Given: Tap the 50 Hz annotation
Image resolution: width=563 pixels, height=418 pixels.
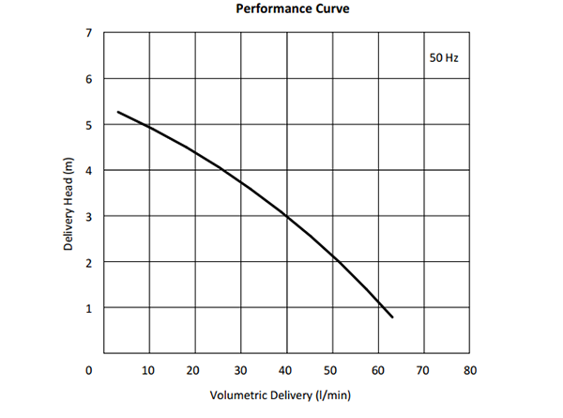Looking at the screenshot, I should click(x=443, y=57).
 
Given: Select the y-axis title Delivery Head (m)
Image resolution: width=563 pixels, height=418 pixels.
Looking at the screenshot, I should click(x=68, y=203).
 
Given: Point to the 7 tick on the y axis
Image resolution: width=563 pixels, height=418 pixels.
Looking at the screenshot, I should click(x=88, y=33).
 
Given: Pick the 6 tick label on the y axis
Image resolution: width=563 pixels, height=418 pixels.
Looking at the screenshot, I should click(x=88, y=79).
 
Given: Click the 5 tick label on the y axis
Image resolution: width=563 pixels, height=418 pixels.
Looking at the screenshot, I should click(x=88, y=125).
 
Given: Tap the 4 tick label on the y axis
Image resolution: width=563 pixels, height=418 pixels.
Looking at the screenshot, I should click(x=88, y=171).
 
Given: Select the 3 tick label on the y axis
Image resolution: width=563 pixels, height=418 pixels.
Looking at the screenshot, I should click(x=88, y=217).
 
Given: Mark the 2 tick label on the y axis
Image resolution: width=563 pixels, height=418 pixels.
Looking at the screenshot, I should click(x=88, y=263).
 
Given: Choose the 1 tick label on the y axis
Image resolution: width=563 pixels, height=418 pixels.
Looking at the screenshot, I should click(x=88, y=309).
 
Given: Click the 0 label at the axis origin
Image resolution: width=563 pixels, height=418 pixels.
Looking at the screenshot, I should click(x=88, y=370).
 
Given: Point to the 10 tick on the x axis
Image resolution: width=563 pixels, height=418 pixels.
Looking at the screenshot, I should click(x=148, y=370).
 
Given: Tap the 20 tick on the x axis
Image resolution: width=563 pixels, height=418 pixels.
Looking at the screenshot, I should click(x=194, y=370).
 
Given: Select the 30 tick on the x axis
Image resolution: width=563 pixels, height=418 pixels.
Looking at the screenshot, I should click(x=240, y=370).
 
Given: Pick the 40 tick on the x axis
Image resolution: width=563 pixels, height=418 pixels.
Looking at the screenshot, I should click(x=286, y=370).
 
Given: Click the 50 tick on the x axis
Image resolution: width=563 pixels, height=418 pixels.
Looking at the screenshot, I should click(x=332, y=370).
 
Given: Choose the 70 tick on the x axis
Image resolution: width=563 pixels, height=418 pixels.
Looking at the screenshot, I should click(x=424, y=370).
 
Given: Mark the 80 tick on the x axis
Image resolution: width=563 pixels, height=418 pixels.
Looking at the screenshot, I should click(x=470, y=370).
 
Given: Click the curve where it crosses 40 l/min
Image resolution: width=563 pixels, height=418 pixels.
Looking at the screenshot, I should click(x=286, y=216).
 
